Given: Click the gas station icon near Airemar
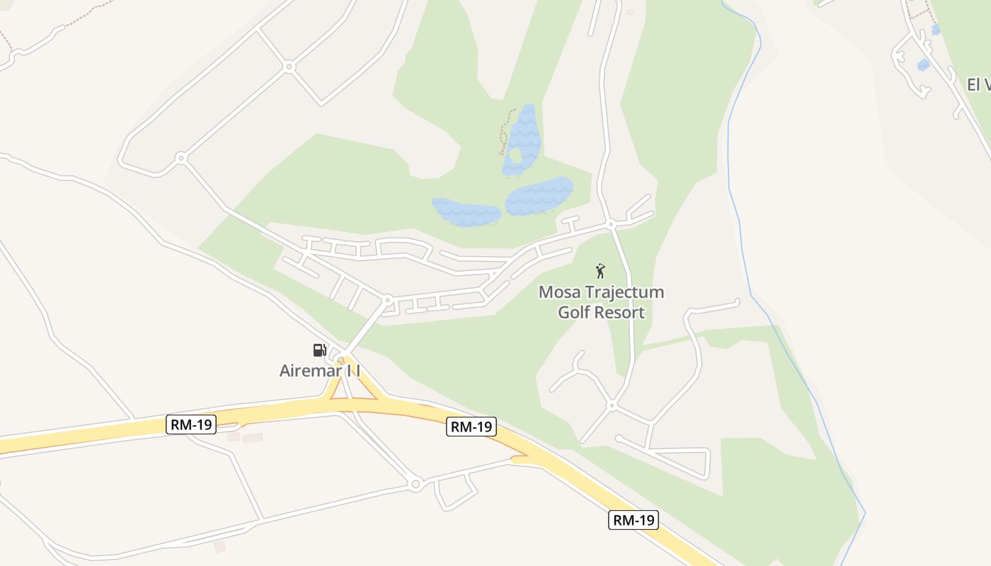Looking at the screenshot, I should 319,350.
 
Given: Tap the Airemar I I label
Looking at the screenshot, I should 320,370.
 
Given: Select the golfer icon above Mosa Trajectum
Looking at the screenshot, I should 600,270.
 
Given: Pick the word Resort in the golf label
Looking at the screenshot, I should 619,312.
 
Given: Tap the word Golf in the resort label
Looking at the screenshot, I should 574,312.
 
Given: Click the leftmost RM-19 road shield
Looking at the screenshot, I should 192,424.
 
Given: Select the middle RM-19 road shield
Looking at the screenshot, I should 471,427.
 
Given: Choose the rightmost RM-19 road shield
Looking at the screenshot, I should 634,520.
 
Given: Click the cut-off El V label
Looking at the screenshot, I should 978,85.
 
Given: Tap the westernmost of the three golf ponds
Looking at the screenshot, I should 466,212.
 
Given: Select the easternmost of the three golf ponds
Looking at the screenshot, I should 539,196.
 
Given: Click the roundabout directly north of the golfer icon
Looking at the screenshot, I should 611,225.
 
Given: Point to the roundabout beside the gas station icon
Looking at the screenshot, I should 343,356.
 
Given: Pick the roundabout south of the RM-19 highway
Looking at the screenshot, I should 416,485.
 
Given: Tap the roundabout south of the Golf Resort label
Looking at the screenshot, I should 612,405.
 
